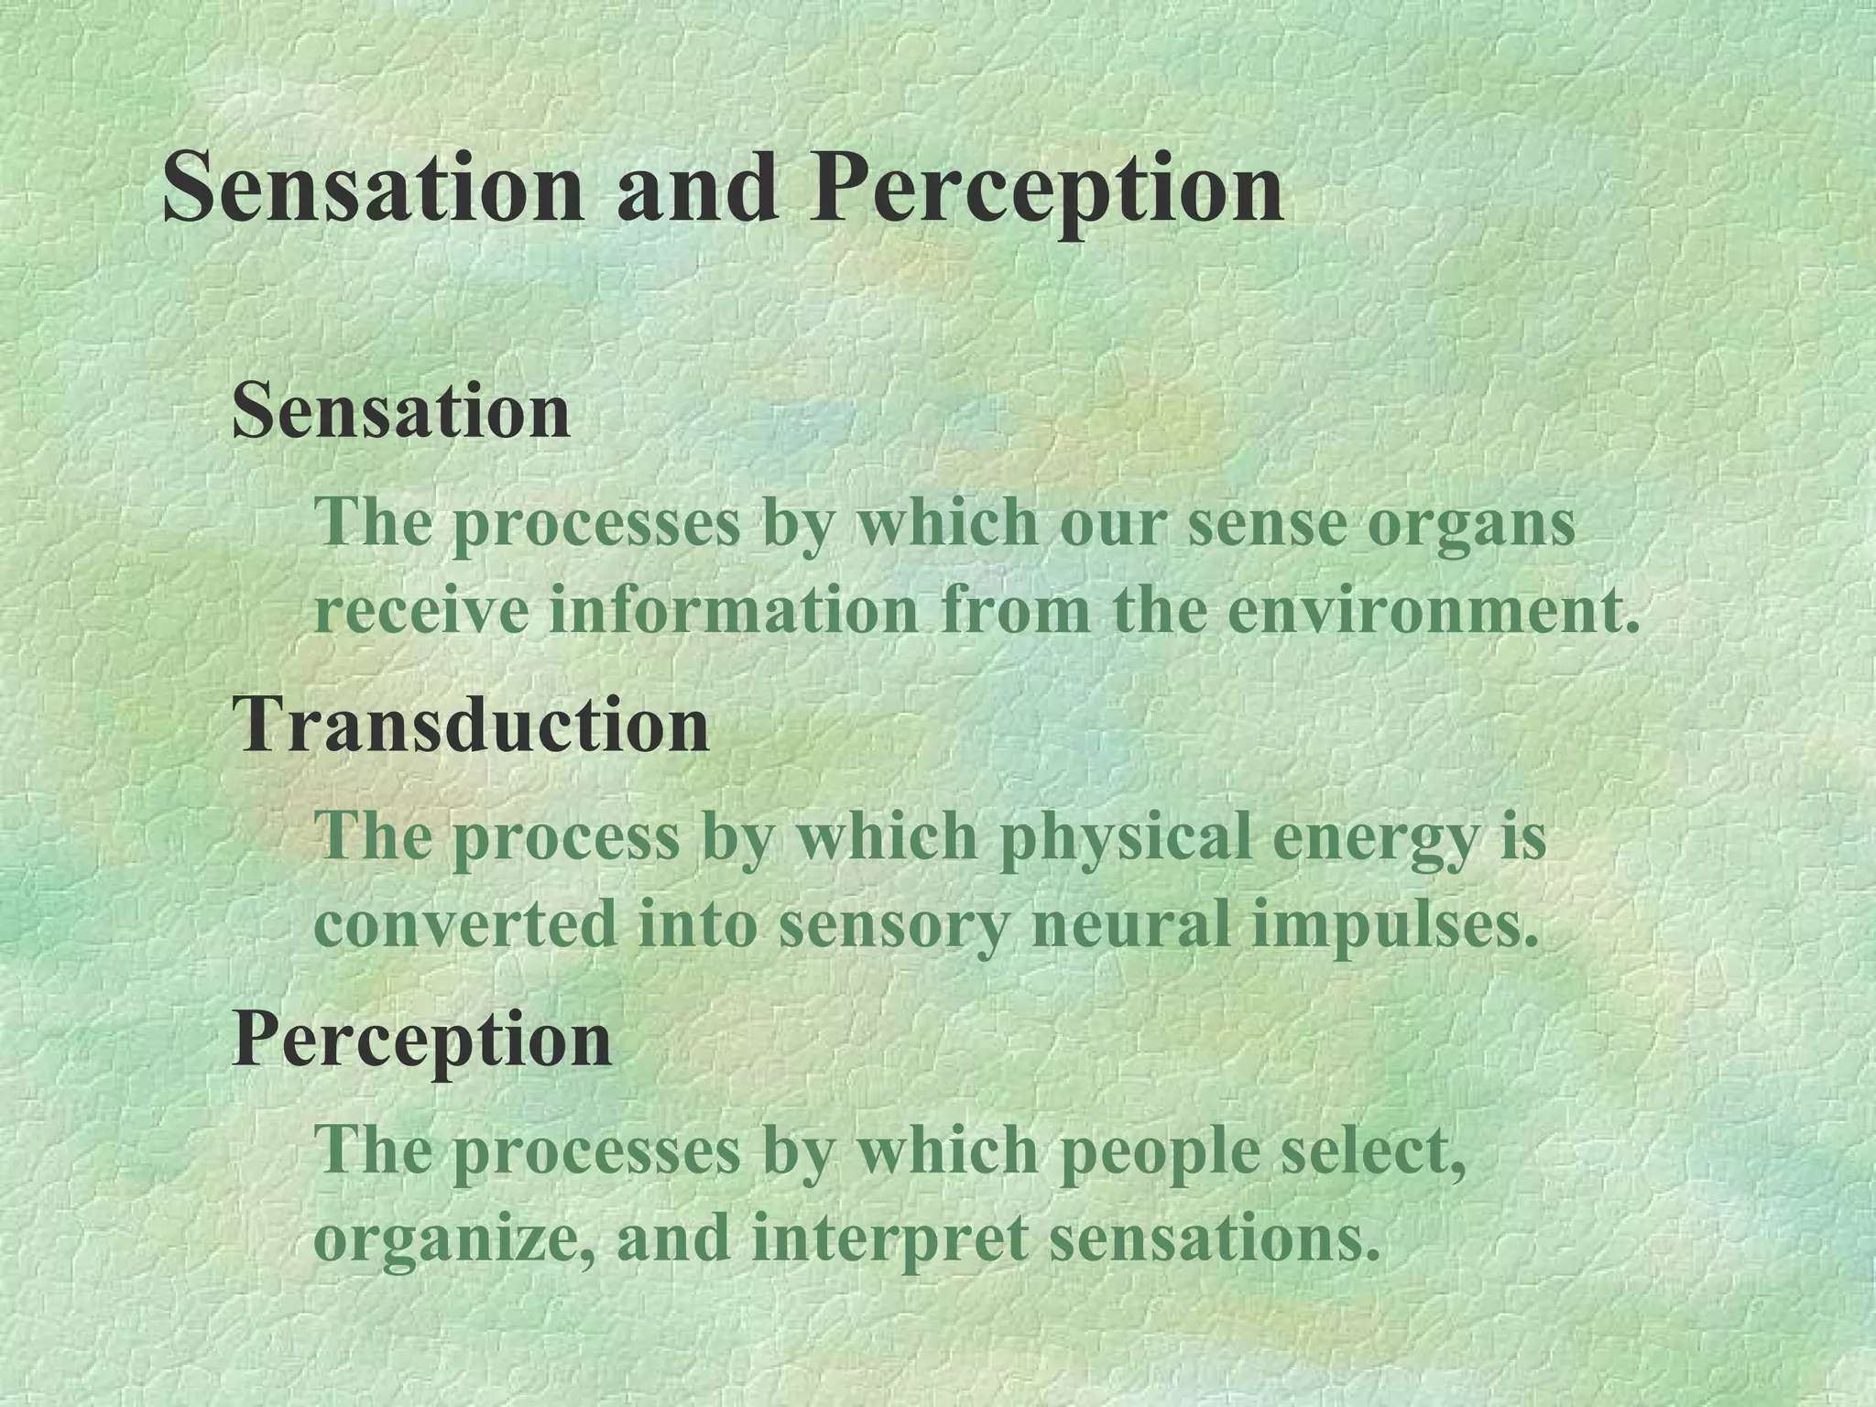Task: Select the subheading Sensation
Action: click(401, 411)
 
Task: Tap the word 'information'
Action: click(733, 612)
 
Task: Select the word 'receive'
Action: click(421, 612)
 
